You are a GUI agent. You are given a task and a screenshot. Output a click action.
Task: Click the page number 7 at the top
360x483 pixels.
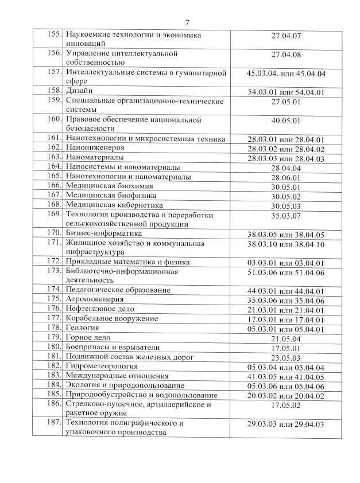pyautogui.click(x=187, y=22)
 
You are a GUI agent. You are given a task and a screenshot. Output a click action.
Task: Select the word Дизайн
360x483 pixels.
pyautogui.click(x=79, y=91)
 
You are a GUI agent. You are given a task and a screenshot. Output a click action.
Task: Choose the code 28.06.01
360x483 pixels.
pyautogui.click(x=286, y=177)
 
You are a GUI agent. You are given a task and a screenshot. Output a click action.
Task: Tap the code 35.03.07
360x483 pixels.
pyautogui.click(x=286, y=215)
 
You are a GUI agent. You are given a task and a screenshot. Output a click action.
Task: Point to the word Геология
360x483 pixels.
pyautogui.click(x=82, y=328)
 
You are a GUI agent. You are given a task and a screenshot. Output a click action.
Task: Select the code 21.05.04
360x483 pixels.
pyautogui.click(x=286, y=338)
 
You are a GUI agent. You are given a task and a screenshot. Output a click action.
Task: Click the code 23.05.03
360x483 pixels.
pyautogui.click(x=286, y=357)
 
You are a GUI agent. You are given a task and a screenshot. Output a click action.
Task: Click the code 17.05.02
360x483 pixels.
pyautogui.click(x=286, y=404)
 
